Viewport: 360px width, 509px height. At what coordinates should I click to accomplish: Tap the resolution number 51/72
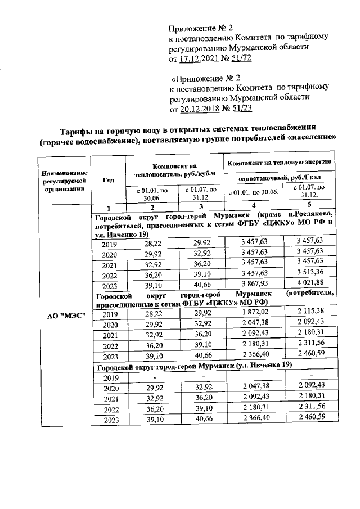[x=237, y=58]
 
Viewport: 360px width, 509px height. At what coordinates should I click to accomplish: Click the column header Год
[x=109, y=180]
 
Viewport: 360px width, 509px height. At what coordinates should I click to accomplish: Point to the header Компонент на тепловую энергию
[x=278, y=162]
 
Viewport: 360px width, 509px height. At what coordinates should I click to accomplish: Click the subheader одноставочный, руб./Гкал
[x=278, y=178]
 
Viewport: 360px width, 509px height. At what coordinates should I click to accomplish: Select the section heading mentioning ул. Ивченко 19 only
[x=194, y=366]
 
